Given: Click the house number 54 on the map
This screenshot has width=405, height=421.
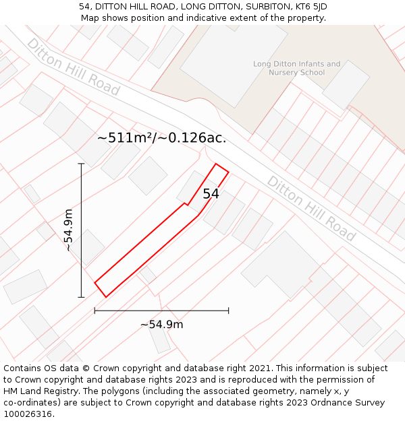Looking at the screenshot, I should [x=211, y=194].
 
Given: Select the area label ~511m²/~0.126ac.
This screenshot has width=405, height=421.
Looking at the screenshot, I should [x=161, y=138].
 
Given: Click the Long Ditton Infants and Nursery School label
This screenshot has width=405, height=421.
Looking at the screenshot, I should [x=297, y=68].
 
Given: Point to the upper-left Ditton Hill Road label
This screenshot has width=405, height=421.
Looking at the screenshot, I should [x=73, y=67].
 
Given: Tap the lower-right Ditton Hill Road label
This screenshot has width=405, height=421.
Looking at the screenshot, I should [x=310, y=208].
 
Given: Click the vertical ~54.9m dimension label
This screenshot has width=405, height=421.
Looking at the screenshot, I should [x=69, y=230].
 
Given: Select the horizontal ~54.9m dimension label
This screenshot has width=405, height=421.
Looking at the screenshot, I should [x=161, y=325].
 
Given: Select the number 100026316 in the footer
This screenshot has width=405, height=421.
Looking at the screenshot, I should [x=27, y=414].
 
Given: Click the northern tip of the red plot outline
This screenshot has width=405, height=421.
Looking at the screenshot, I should [x=216, y=164].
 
